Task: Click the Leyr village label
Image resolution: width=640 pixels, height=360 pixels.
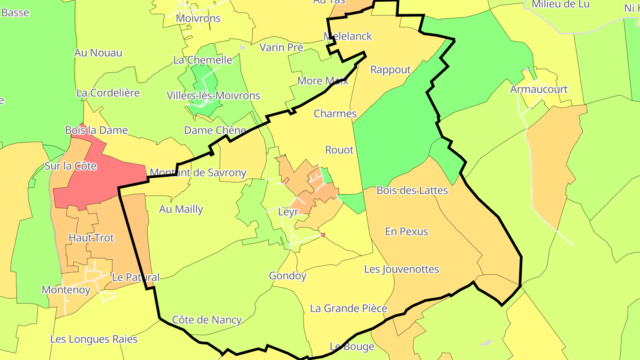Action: (288, 212)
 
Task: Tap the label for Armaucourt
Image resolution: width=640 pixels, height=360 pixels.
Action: (539, 89)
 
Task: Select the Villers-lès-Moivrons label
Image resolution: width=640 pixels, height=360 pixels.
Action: (213, 96)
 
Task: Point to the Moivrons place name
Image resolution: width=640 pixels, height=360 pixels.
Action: (198, 19)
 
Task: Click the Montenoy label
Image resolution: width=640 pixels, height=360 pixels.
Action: (66, 290)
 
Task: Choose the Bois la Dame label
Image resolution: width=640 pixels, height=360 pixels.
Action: (96, 131)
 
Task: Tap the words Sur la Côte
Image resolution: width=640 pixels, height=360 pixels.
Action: (71, 166)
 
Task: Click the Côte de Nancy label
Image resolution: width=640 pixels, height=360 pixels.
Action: (207, 320)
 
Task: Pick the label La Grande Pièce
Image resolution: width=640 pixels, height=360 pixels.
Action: (348, 308)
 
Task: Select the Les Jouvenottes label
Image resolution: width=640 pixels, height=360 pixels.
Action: (401, 269)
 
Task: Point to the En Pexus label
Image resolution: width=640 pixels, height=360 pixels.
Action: (406, 232)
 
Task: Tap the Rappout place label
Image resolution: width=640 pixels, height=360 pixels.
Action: (391, 70)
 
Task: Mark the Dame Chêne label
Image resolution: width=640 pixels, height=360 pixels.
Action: (215, 131)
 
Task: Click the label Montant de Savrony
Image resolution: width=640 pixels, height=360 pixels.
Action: (198, 173)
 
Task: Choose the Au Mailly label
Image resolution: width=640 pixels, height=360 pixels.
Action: (181, 209)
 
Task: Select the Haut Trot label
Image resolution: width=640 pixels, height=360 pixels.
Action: (91, 238)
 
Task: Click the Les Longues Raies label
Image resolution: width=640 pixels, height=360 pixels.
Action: (94, 340)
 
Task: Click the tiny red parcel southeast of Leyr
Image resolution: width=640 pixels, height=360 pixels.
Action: (323, 235)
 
